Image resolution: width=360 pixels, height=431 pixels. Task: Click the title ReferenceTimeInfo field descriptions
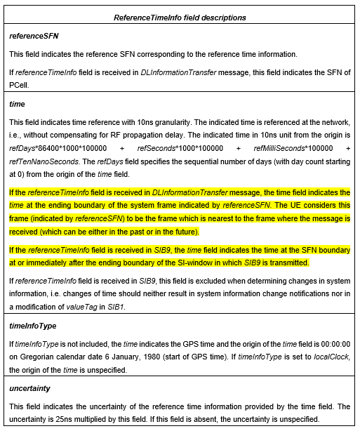click(x=180, y=17)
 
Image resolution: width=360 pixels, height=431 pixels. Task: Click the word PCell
click(x=20, y=86)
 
